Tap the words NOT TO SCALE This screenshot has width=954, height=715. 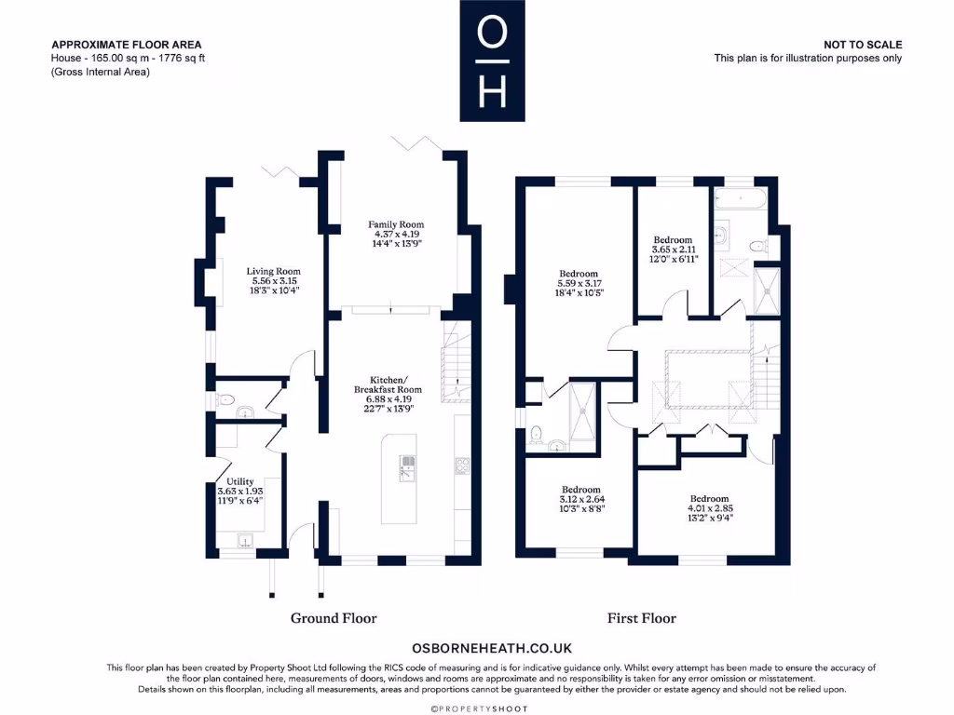pyautogui.click(x=863, y=45)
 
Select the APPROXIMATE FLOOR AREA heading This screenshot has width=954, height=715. pyautogui.click(x=126, y=45)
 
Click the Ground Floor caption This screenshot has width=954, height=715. pyautogui.click(x=334, y=618)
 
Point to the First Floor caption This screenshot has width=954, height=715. pyautogui.click(x=642, y=618)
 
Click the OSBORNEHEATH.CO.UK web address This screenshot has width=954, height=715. pyautogui.click(x=491, y=648)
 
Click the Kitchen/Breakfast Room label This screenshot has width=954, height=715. pyautogui.click(x=388, y=393)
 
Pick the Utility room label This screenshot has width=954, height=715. pyautogui.click(x=240, y=492)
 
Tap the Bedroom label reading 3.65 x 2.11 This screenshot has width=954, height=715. pyautogui.click(x=673, y=250)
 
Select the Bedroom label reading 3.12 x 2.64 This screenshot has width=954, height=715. pyautogui.click(x=580, y=500)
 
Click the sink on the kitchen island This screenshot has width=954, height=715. pyautogui.click(x=407, y=467)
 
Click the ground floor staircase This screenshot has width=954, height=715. pyautogui.click(x=455, y=357)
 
